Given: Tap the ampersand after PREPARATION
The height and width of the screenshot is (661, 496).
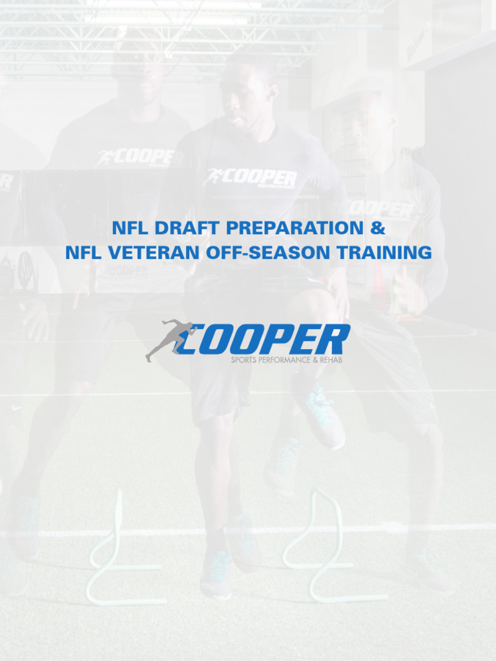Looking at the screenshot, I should (378, 228).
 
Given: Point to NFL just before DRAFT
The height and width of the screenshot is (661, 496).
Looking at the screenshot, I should (129, 228).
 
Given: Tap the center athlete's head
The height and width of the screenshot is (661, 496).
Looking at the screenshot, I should (245, 90).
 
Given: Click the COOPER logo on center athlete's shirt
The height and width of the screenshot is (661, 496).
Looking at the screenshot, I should (252, 178).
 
